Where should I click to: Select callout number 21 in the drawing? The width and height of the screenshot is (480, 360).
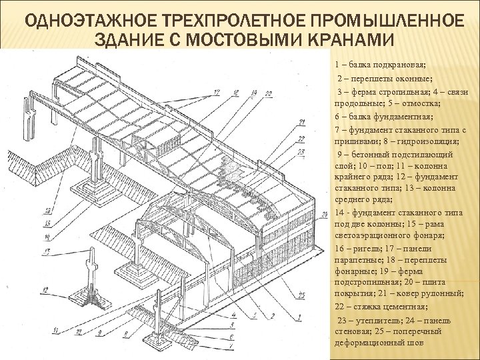pos(301,122)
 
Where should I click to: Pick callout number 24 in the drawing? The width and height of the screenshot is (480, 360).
pos(323,214)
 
